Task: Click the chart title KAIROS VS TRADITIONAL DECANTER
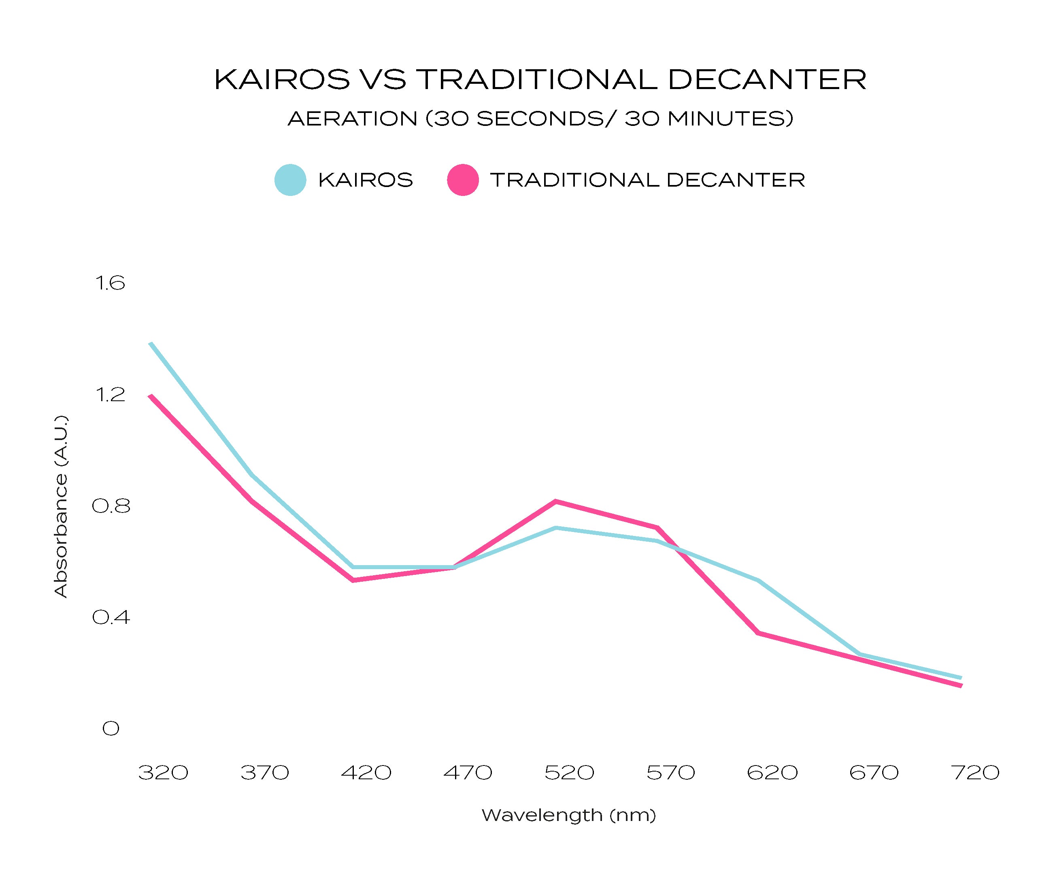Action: tap(540, 80)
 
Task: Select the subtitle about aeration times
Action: tap(540, 119)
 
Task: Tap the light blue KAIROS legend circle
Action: tap(290, 180)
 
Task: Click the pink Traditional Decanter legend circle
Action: tap(463, 180)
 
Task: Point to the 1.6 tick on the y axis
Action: tap(110, 283)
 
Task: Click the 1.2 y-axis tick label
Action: tap(110, 394)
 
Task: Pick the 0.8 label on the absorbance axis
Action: tap(111, 506)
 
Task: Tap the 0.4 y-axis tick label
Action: tap(111, 617)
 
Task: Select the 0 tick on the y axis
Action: tap(111, 728)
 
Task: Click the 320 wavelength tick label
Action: tap(163, 773)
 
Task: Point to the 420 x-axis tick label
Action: tap(366, 773)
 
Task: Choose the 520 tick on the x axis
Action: tap(569, 773)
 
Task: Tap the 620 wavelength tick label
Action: tap(772, 773)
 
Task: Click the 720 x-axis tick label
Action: tap(975, 773)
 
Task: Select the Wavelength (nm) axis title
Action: tap(569, 815)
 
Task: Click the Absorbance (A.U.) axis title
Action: tap(61, 506)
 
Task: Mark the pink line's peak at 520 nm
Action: tap(555, 501)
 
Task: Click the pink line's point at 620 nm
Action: tap(758, 633)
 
